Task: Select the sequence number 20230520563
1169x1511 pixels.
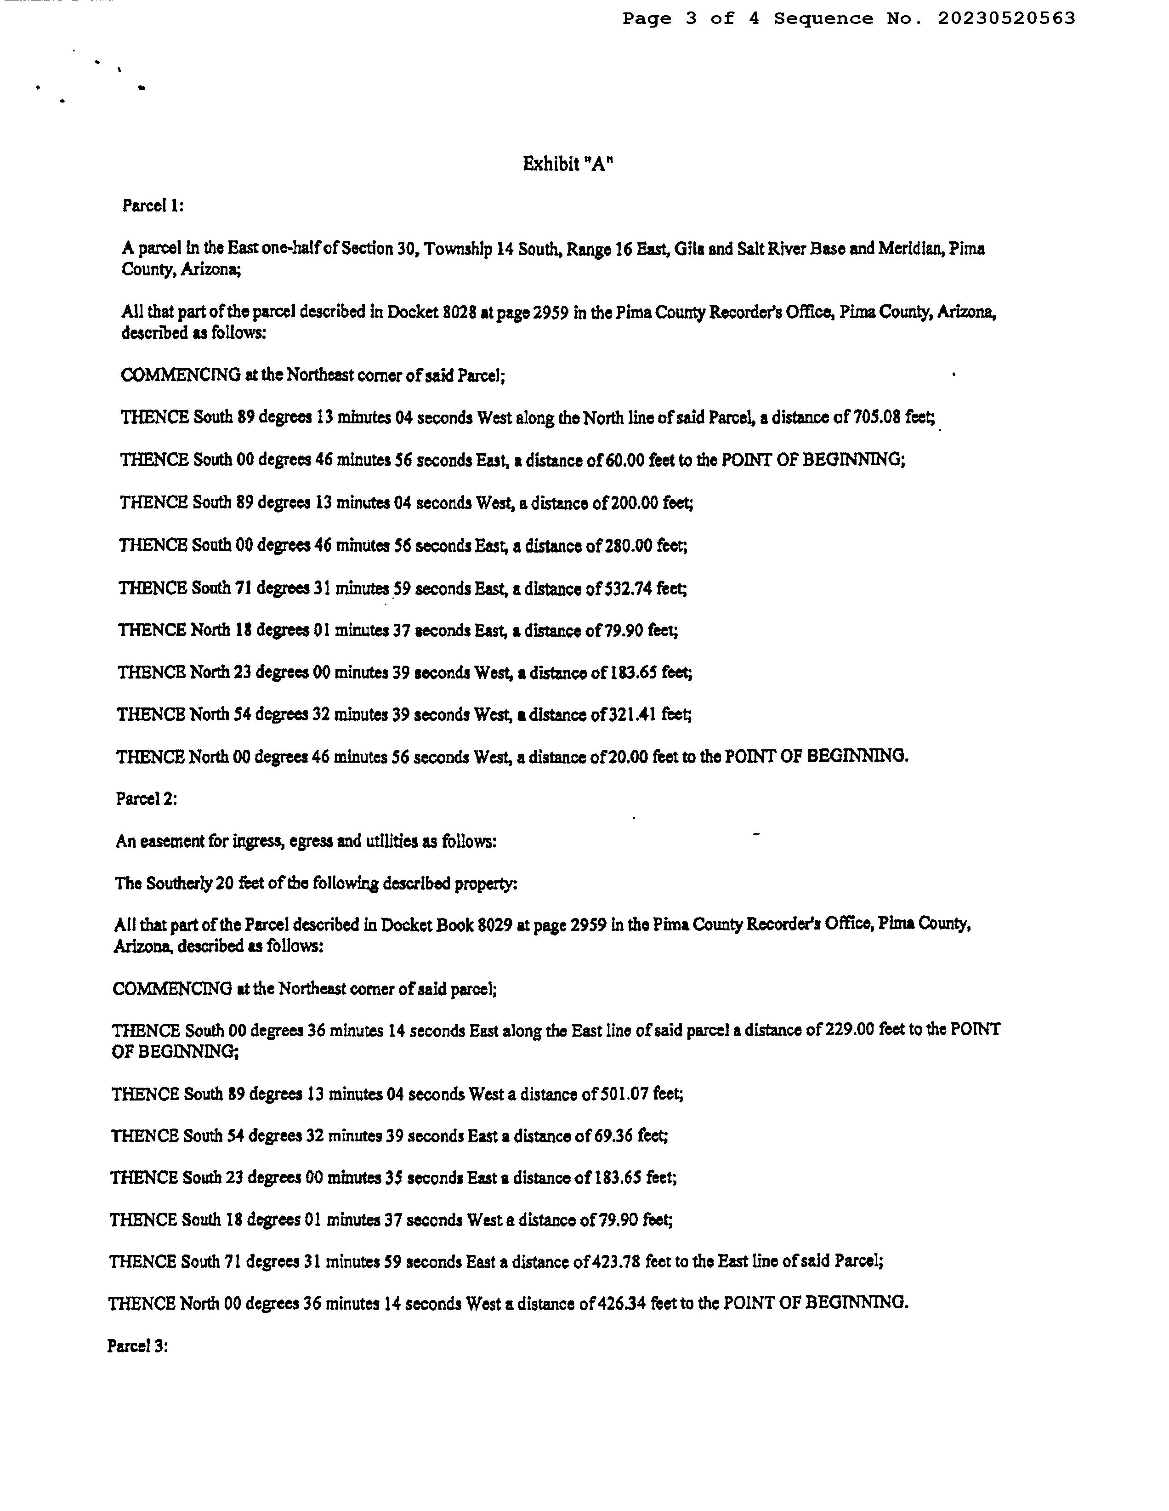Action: click(x=1006, y=19)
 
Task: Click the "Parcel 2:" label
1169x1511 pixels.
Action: click(x=147, y=798)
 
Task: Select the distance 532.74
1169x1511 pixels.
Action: click(x=630, y=589)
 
